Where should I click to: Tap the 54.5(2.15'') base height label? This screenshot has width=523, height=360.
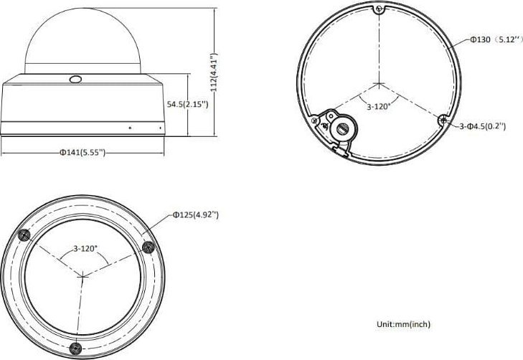click(x=188, y=104)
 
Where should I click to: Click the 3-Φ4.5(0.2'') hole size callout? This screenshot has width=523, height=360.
click(x=483, y=126)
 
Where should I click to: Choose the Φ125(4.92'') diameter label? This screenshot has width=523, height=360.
click(x=195, y=214)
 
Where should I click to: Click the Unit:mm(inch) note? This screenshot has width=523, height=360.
click(x=403, y=324)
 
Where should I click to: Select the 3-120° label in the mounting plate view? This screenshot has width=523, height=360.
click(x=379, y=107)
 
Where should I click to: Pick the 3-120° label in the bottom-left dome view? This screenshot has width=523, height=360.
click(x=85, y=249)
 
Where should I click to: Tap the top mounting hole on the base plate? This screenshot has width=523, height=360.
click(x=378, y=9)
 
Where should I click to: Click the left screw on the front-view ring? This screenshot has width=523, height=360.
click(x=23, y=237)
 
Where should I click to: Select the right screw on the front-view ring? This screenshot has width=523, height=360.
click(x=149, y=247)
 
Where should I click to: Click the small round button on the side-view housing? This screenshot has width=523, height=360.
click(x=74, y=80)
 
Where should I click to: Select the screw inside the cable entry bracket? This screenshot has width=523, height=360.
click(x=343, y=128)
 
